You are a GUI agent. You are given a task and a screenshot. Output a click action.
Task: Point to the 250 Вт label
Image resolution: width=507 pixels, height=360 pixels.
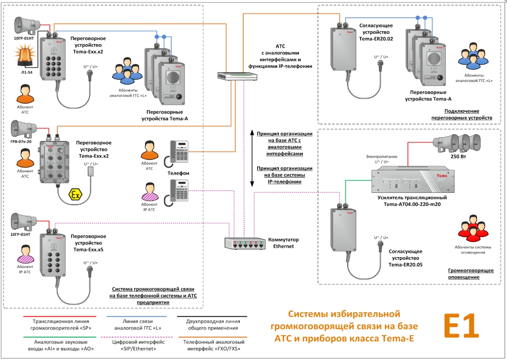click(458, 157)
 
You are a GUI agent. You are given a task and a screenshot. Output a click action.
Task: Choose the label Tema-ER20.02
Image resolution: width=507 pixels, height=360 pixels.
click(376, 38)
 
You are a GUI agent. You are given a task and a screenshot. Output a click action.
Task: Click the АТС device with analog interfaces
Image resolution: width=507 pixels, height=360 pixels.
click(237, 76)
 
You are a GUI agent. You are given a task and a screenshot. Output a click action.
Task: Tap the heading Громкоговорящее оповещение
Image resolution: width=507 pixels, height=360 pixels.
click(471, 274)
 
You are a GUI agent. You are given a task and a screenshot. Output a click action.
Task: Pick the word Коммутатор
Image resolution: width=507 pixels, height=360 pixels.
click(283, 240)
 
